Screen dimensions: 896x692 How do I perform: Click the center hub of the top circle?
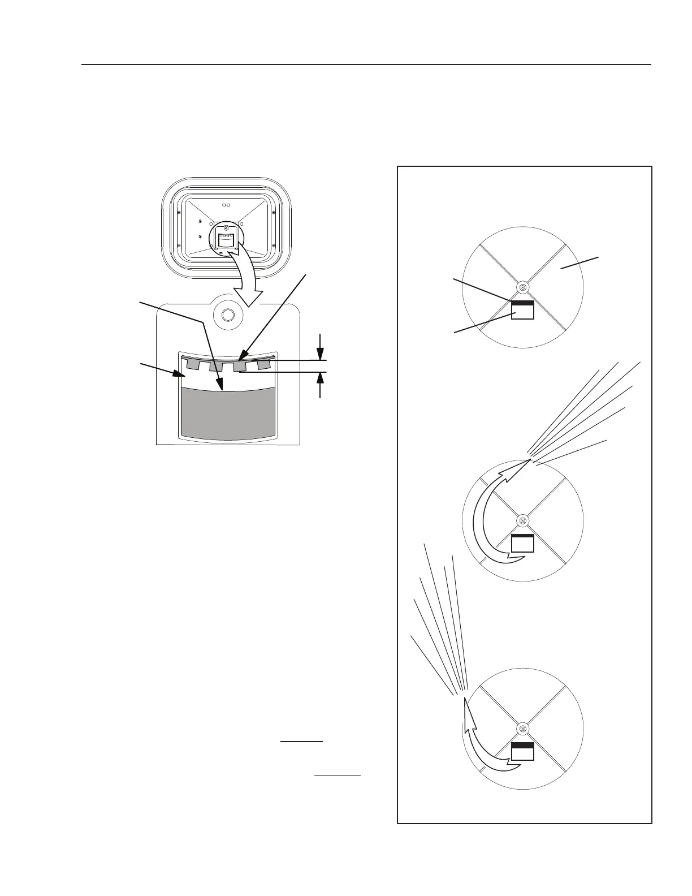pyautogui.click(x=522, y=288)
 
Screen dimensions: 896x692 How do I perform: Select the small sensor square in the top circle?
pyautogui.click(x=522, y=310)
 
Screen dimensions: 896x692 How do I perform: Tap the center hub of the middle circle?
pyautogui.click(x=522, y=520)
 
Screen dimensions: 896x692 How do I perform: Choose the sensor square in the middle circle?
pyautogui.click(x=522, y=542)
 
